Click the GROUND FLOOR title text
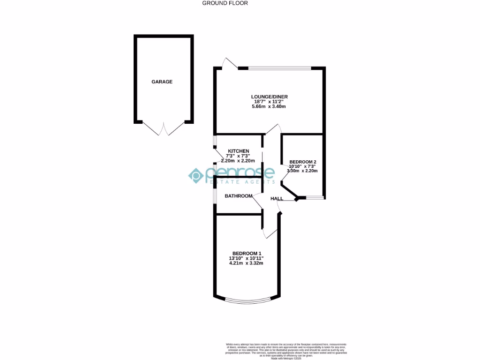pos(225,3)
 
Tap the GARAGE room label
pos(162,82)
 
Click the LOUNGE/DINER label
pos(269,97)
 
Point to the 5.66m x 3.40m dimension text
pos(269,106)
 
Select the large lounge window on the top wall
pos(279,68)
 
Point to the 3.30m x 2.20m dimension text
pos(302,171)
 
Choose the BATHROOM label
pos(239,196)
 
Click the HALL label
pos(277,199)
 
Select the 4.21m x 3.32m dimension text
pos(246,263)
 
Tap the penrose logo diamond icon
pos(195,176)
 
